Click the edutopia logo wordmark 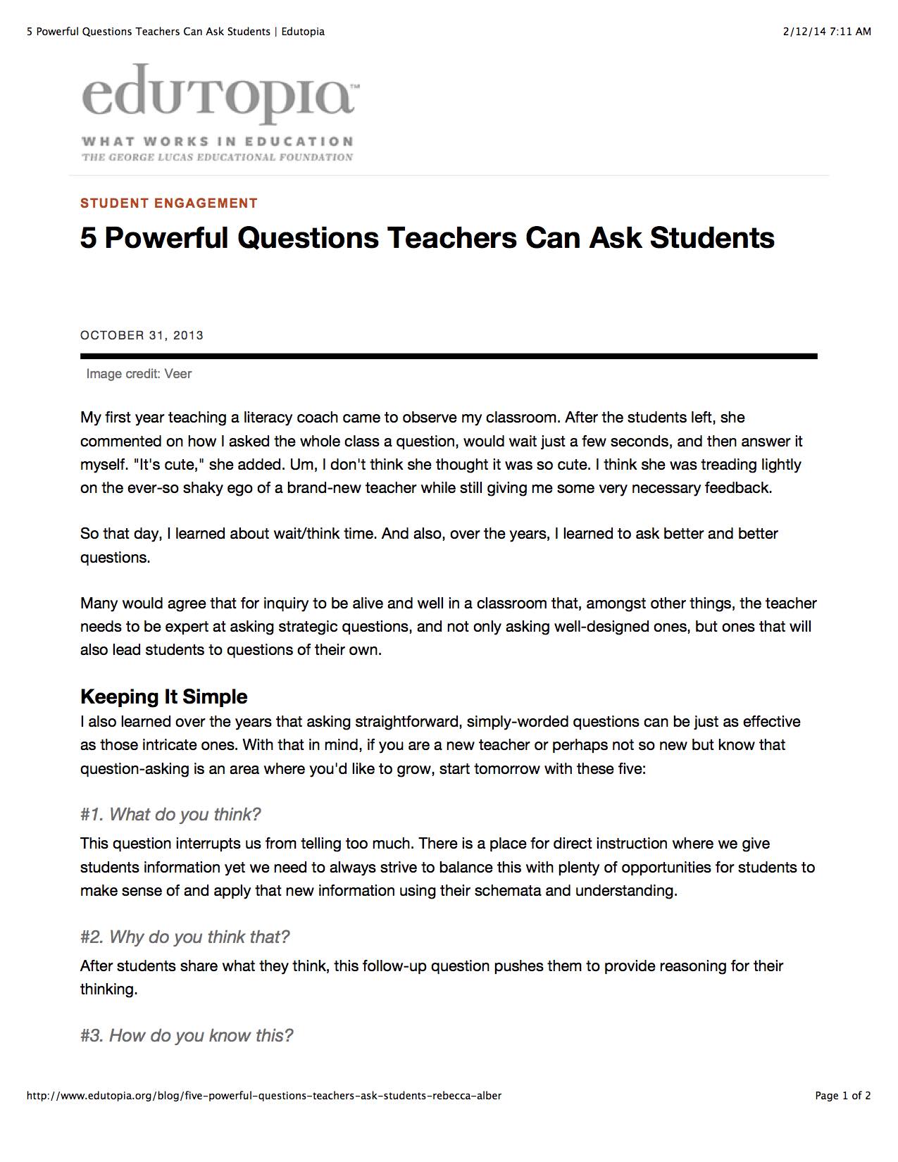point(218,95)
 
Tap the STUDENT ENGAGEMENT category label point(169,204)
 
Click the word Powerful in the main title point(166,238)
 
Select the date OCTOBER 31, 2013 point(142,335)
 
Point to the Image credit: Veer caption point(139,374)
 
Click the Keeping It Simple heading point(163,696)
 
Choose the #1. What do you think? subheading point(170,815)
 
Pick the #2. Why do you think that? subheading point(185,937)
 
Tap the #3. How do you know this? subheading point(187,1036)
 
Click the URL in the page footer point(264,1096)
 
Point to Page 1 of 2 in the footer point(842,1096)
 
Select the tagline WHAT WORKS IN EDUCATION point(217,142)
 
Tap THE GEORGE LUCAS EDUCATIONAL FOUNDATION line point(217,157)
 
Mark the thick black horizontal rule point(449,356)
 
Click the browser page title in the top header point(175,31)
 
